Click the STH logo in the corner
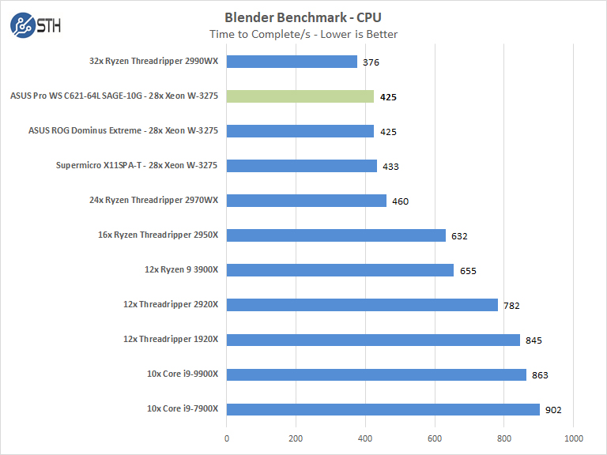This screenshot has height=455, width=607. coord(35,25)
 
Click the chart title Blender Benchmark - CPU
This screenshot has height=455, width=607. coord(303,17)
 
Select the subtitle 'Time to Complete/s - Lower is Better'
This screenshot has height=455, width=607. coord(303,34)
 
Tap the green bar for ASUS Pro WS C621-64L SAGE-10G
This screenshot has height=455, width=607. coord(300,96)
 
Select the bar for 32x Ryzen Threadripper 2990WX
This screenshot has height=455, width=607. coord(292,62)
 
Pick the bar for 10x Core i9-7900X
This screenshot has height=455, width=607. coord(383,409)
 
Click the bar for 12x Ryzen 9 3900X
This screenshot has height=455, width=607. coord(340,270)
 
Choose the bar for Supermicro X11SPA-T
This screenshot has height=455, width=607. coord(302,166)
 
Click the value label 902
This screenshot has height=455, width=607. coord(554,410)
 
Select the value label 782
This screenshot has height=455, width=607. coord(512,306)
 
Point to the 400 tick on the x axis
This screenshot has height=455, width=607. coord(366,438)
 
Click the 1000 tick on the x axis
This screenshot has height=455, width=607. coord(574,438)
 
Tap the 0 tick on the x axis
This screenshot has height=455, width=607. coord(227,438)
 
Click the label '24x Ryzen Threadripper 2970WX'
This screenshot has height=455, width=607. coord(153,201)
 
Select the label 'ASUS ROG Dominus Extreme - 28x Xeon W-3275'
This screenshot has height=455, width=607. coord(123,131)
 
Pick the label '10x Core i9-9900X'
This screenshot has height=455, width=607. coord(182,374)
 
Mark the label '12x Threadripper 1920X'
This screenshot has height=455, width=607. coord(170,340)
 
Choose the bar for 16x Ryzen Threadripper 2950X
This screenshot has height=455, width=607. coord(336,235)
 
